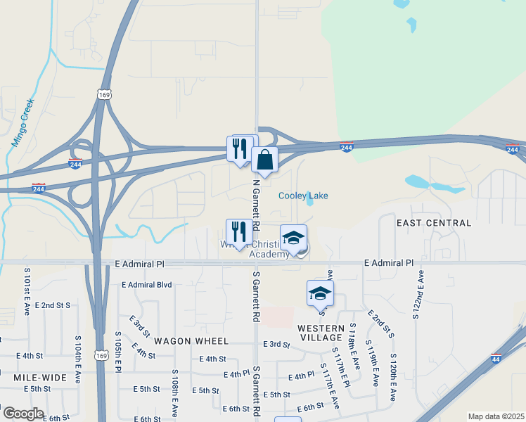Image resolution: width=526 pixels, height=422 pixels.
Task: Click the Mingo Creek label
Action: pyautogui.click(x=23, y=122)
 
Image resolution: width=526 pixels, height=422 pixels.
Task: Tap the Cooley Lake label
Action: pyautogui.click(x=303, y=196)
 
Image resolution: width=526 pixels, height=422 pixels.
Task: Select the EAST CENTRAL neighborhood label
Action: pyautogui.click(x=433, y=223)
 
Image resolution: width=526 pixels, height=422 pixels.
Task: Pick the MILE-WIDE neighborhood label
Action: pyautogui.click(x=39, y=378)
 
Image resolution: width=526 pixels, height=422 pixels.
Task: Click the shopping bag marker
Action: pyautogui.click(x=264, y=161)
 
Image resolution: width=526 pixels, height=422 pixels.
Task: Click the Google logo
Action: pyautogui.click(x=23, y=414)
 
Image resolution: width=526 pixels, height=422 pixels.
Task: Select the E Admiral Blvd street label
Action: pyautogui.click(x=146, y=285)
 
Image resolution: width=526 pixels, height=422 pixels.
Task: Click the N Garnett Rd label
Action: pyautogui.click(x=257, y=204)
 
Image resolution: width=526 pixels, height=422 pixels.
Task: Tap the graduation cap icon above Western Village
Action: pyautogui.click(x=320, y=293)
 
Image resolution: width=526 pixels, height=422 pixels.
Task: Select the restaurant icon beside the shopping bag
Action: pyautogui.click(x=239, y=148)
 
